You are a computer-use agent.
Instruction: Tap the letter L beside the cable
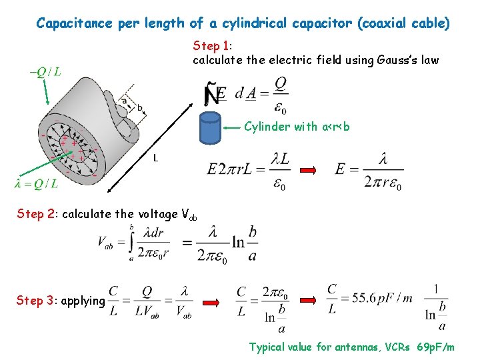tap(155, 158)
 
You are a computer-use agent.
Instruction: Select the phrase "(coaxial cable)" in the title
tap(404, 23)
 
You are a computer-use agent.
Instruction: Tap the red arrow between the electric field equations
tap(308, 171)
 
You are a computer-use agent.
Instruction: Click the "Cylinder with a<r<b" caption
tap(297, 126)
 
